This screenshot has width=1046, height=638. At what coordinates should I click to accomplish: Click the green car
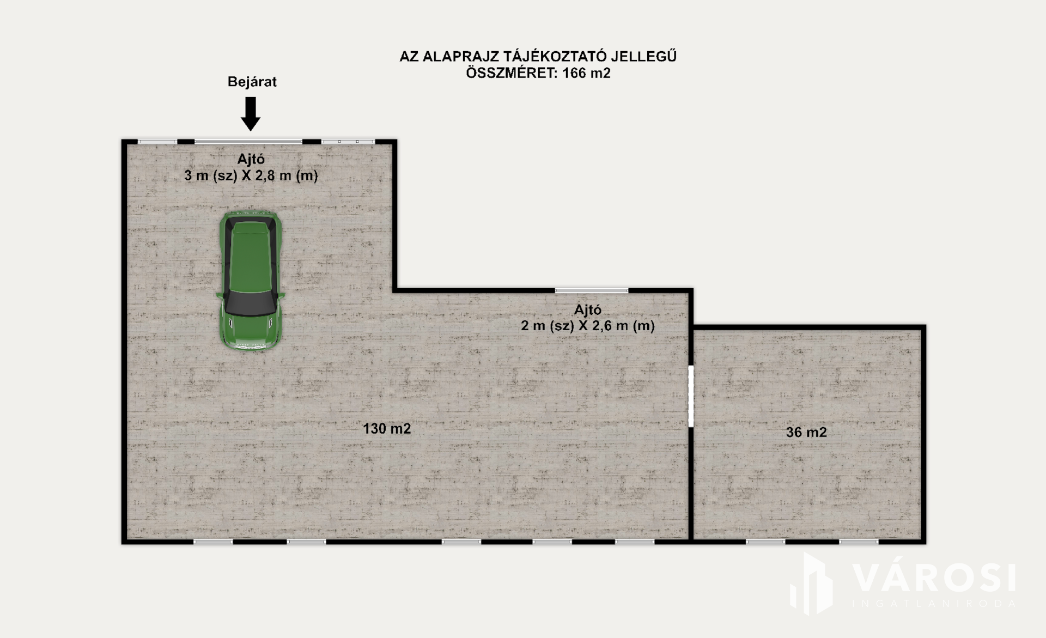pyautogui.click(x=251, y=280)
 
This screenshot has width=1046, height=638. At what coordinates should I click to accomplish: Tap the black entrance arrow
pyautogui.click(x=251, y=114)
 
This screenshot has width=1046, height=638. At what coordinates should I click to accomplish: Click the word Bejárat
pyautogui.click(x=252, y=82)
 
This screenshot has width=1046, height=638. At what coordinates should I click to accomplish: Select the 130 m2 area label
pyautogui.click(x=387, y=429)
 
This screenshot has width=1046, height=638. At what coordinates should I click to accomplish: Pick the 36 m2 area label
pyautogui.click(x=806, y=432)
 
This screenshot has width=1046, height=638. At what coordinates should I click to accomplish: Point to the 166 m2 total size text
pyautogui.click(x=586, y=73)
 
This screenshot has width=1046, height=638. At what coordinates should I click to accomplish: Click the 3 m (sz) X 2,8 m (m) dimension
pyautogui.click(x=251, y=175)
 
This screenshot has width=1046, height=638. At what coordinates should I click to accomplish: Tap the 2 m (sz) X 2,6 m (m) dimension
pyautogui.click(x=588, y=326)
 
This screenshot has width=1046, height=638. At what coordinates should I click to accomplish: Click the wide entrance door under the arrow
pyautogui.click(x=248, y=142)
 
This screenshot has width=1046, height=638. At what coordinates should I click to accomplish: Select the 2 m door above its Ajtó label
pyautogui.click(x=592, y=291)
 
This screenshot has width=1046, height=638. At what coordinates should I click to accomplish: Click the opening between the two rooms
pyautogui.click(x=691, y=396)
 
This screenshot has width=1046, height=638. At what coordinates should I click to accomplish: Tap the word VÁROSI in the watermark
pyautogui.click(x=934, y=578)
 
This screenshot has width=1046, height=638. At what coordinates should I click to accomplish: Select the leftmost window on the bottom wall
pyautogui.click(x=213, y=542)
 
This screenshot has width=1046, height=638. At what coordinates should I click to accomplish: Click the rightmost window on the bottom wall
pyautogui.click(x=859, y=542)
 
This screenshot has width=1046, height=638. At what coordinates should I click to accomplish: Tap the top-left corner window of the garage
pyautogui.click(x=157, y=142)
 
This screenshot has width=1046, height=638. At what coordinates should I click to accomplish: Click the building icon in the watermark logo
pyautogui.click(x=811, y=584)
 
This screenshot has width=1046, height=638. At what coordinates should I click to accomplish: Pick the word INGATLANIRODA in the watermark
pyautogui.click(x=934, y=604)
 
